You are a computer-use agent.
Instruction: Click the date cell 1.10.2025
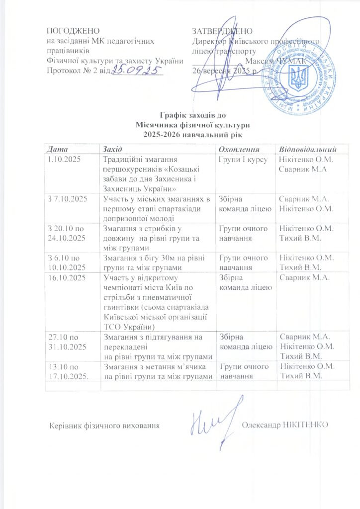click(63, 160)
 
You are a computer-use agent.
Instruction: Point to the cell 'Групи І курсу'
click(243, 160)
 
